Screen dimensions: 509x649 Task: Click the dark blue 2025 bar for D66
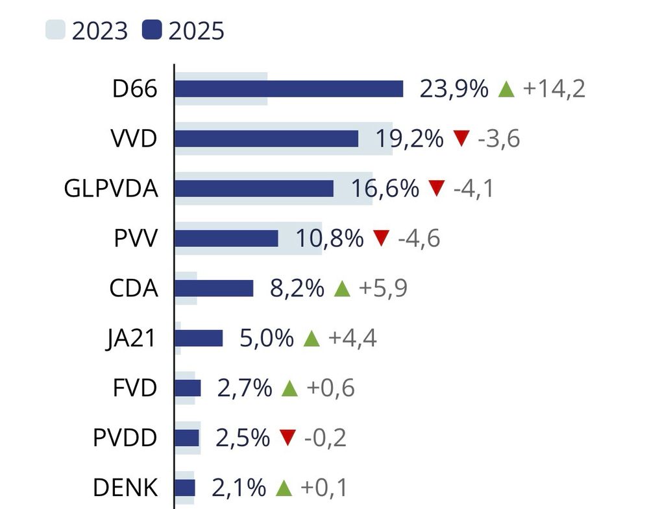click(x=289, y=89)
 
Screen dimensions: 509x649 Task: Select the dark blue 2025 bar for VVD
click(x=266, y=139)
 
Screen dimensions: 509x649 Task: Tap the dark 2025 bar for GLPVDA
click(x=254, y=189)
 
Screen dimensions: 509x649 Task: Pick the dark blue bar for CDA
click(x=214, y=289)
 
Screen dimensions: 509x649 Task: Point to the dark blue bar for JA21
click(x=199, y=338)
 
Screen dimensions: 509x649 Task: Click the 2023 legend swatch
click(x=55, y=30)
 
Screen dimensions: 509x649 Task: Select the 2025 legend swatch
click(x=152, y=30)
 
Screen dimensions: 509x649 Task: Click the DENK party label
click(x=125, y=488)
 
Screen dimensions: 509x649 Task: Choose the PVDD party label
click(x=125, y=438)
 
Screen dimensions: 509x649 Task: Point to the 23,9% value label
click(x=454, y=89)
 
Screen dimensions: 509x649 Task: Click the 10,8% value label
click(x=329, y=239)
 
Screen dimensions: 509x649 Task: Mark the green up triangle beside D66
click(x=506, y=89)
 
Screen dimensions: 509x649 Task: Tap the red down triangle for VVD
click(x=461, y=138)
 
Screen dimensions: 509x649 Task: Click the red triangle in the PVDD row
click(x=287, y=438)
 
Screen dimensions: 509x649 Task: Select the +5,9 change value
click(x=382, y=289)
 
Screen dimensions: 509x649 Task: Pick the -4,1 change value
click(x=474, y=189)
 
